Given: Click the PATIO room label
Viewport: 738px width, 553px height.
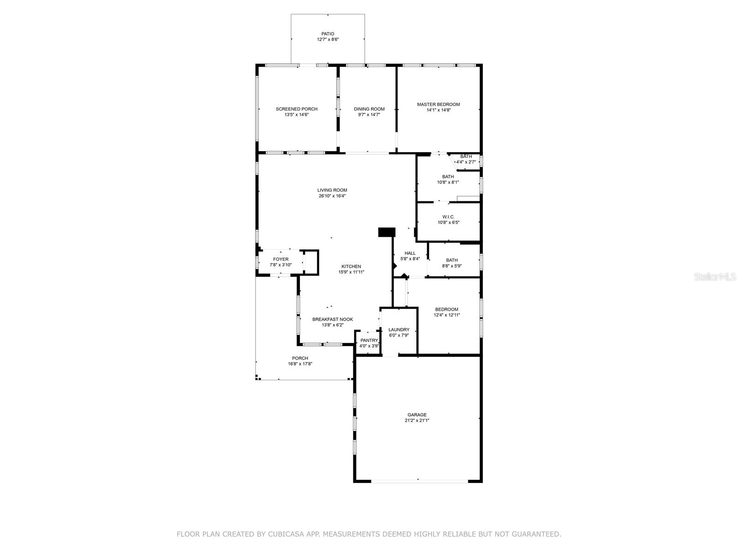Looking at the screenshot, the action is (x=327, y=34).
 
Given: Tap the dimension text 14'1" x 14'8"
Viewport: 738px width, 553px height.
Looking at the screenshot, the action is (x=438, y=110).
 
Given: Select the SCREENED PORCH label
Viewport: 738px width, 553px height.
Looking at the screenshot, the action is (x=297, y=109).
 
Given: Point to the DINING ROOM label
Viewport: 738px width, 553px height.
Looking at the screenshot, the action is (x=369, y=109).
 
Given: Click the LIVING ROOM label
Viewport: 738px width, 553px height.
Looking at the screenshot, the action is (x=332, y=190).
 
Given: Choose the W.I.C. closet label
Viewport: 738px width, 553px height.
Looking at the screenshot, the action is (x=448, y=217).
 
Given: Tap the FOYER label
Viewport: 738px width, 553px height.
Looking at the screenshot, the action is (x=280, y=259).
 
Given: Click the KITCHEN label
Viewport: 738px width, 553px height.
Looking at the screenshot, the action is (x=351, y=267).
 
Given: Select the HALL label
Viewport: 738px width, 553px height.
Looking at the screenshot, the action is (x=410, y=253).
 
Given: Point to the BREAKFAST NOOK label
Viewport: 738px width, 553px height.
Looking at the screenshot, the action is (x=333, y=319).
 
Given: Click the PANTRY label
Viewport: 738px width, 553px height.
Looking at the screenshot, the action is (x=369, y=341).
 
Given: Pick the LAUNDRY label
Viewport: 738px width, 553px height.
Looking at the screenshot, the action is (x=399, y=329).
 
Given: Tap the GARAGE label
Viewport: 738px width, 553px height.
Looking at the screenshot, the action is (x=417, y=415).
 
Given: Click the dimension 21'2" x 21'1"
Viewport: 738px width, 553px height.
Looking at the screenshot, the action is (x=417, y=420).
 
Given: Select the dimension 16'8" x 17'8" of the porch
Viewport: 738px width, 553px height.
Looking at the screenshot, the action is (x=300, y=364).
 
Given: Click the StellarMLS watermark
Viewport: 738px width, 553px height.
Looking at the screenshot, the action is (x=715, y=276).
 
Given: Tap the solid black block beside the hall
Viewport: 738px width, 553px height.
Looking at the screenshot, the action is (x=387, y=232).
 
